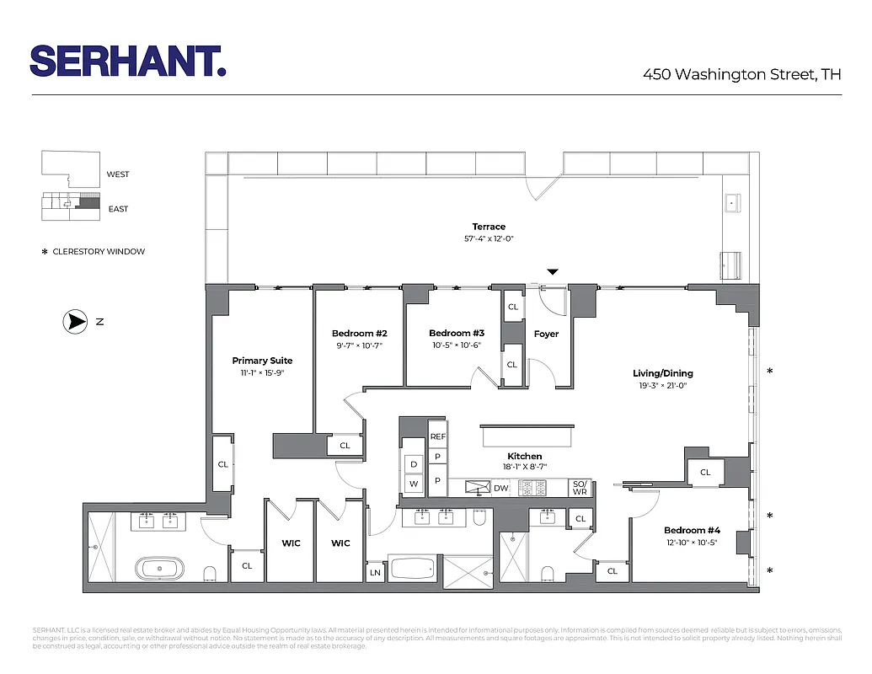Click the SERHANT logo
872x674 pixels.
pyautogui.click(x=128, y=62)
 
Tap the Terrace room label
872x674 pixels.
pyautogui.click(x=489, y=227)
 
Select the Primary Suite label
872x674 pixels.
pyautogui.click(x=262, y=361)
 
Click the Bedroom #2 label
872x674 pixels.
pyautogui.click(x=359, y=334)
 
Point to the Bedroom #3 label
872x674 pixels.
pyautogui.click(x=456, y=333)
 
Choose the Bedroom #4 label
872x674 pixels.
pyautogui.click(x=692, y=530)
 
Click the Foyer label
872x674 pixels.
pyautogui.click(x=546, y=334)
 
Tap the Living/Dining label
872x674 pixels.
pyautogui.click(x=663, y=373)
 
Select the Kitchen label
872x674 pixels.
pyautogui.click(x=524, y=456)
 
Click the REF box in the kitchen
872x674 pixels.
pyautogui.click(x=437, y=436)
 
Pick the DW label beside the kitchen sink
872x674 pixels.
pyautogui.click(x=500, y=488)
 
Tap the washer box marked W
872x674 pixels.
pyautogui.click(x=414, y=484)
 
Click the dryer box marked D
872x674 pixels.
pyautogui.click(x=414, y=463)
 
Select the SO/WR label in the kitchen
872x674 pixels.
pyautogui.click(x=580, y=488)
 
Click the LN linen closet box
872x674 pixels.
pyautogui.click(x=375, y=572)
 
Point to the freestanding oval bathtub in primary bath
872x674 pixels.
pyautogui.click(x=161, y=569)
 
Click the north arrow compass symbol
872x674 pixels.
pyautogui.click(x=76, y=321)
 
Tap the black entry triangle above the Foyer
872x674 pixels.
pyautogui.click(x=552, y=271)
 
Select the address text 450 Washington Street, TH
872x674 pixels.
pyautogui.click(x=741, y=74)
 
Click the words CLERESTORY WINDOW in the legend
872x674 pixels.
pyautogui.click(x=99, y=251)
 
